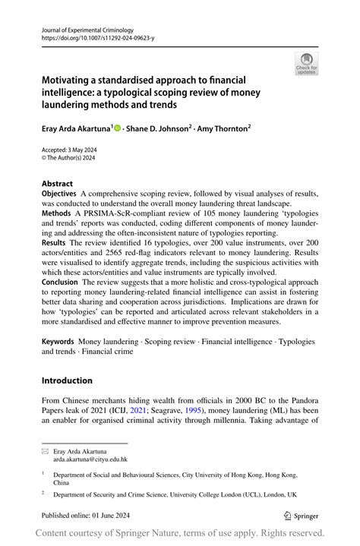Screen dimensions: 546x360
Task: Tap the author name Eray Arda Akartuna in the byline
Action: [x=76, y=129]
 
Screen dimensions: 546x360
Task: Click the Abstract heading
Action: [x=58, y=183]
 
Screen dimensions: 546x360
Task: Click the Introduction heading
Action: [x=67, y=380]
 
